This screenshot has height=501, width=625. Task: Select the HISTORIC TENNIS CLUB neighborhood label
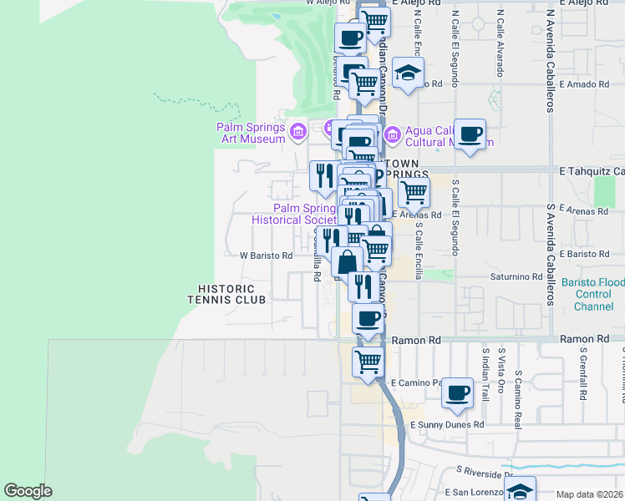[226, 294]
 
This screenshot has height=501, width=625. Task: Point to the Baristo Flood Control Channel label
[592, 295]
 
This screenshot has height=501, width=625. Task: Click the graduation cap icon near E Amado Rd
[408, 72]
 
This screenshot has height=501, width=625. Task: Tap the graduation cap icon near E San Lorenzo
[520, 489]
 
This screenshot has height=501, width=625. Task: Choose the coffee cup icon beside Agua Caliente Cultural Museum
[470, 134]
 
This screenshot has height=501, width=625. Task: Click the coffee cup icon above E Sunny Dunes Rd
[456, 392]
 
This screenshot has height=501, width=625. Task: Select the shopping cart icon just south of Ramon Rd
[368, 362]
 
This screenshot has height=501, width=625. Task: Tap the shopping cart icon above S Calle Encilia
[413, 192]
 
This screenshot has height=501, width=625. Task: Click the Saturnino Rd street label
[516, 276]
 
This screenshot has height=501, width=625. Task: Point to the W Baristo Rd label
[267, 256]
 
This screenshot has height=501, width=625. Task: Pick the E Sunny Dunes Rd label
[447, 425]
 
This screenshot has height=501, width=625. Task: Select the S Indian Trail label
[485, 375]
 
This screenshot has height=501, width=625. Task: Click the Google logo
[28, 491]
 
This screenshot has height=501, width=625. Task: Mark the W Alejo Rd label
[327, 3]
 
